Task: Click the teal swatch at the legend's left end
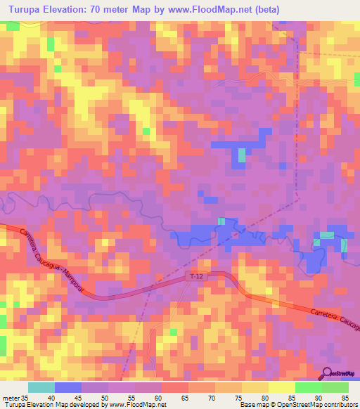[x=41, y=387]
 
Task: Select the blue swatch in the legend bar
[x=68, y=387]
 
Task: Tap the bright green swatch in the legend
[x=309, y=387]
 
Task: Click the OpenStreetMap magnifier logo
[x=327, y=373]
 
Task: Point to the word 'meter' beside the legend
[x=11, y=397]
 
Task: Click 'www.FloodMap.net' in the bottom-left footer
[x=134, y=405]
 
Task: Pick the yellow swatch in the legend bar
[x=282, y=387]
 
